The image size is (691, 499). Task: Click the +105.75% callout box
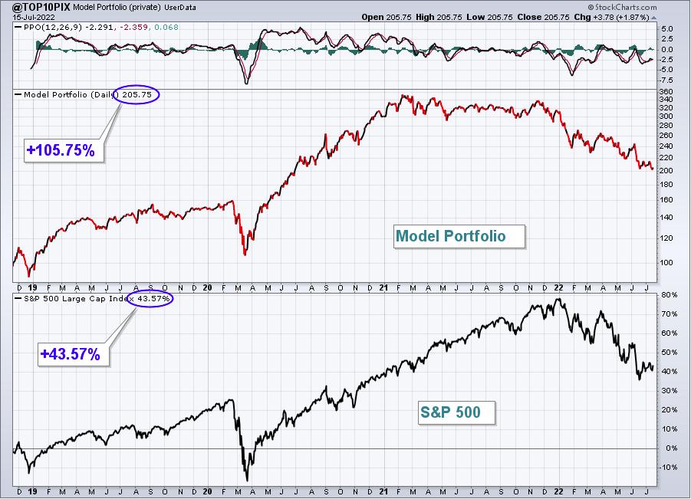64,150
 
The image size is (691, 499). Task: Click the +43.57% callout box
73,354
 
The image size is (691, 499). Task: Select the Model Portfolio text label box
459,237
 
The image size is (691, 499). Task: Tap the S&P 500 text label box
457,412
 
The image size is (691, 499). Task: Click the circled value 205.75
137,95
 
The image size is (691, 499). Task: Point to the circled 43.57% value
150,299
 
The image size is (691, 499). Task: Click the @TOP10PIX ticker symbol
35,7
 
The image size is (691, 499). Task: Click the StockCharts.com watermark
622,7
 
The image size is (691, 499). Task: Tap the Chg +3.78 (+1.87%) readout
611,17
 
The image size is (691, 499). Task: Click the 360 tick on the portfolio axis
666,92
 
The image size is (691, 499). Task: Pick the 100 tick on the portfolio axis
666,262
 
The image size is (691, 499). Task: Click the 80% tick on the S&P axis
669,294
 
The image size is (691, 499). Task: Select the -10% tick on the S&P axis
668,468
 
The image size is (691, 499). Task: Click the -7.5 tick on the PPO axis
666,80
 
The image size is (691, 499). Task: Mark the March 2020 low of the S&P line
247,481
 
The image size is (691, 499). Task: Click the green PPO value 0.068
166,28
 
